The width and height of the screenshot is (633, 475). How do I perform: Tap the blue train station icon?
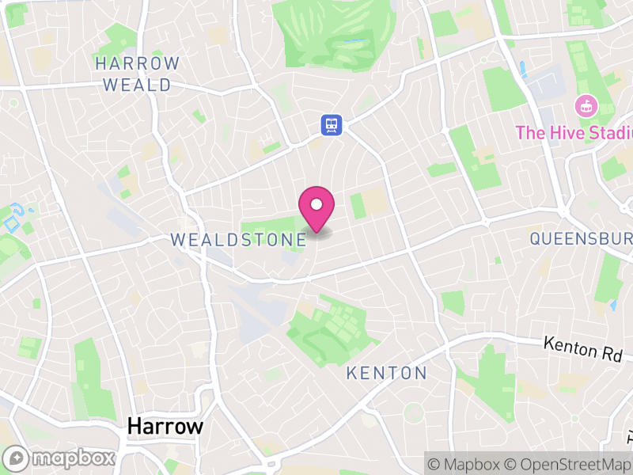pos(331,124)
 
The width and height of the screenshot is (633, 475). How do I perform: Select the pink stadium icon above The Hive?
pos(586,104)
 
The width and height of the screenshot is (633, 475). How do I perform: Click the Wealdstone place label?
pos(238,239)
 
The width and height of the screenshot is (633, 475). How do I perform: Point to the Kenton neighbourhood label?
pos(387,373)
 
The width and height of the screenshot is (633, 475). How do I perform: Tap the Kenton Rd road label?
pos(584,348)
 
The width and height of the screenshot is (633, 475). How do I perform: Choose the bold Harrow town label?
pos(165,427)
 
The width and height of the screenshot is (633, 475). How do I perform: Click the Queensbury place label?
pos(582,238)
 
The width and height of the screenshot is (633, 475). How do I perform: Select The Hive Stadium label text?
pos(574,132)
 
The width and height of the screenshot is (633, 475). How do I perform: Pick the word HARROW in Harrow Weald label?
pos(137,63)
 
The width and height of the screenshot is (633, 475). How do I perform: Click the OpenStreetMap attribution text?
pos(568,463)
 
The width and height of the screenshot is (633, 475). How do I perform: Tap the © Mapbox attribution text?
pos(464,463)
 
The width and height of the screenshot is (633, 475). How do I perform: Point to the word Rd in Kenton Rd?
pos(611,353)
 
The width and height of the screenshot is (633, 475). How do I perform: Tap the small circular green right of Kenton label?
pos(413,412)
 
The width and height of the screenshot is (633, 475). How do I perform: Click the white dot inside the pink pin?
pos(316,204)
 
